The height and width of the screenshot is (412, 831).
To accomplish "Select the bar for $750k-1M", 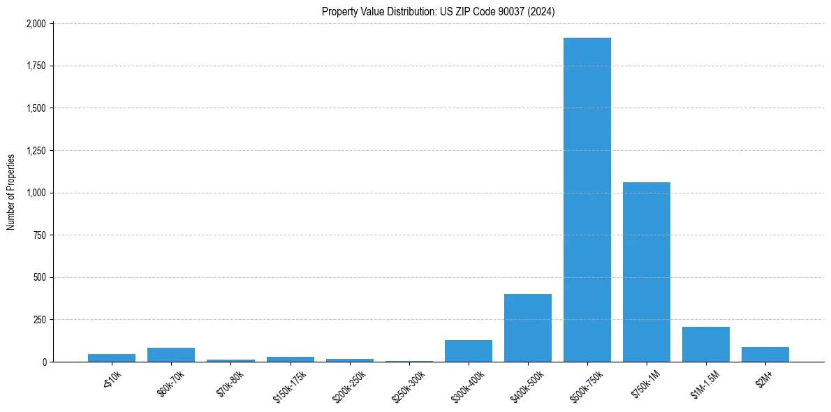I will pos(647,272).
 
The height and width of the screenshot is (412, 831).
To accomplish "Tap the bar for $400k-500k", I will pos(528,328).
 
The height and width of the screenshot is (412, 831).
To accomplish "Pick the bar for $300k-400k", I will pos(469,351).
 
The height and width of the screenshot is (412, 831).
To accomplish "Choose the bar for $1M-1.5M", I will pos(706,344).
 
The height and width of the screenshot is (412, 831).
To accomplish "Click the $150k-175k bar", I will pos(291,359).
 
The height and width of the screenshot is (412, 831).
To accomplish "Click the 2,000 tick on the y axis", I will pos(36,24).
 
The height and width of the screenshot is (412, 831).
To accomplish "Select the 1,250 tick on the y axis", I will pos(36,151).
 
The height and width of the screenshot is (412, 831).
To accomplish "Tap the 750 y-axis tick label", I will pos(39,235).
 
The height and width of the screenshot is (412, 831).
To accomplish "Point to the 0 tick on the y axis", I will pos(44,362).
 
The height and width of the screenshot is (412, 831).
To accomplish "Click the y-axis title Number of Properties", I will pos(10,192).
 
